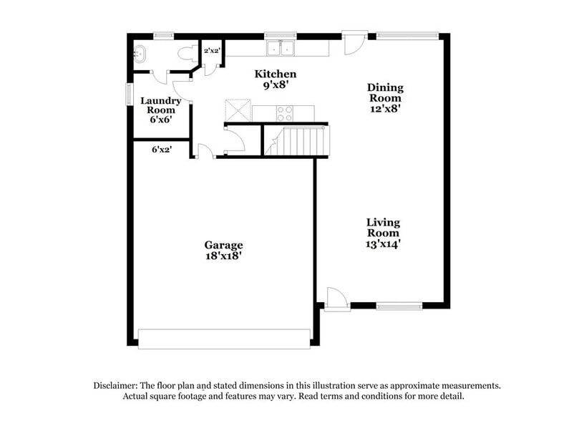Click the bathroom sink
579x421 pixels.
point(139,52)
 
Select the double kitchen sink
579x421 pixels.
point(281,48)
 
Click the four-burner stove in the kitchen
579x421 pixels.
point(284,112)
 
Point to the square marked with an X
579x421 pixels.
point(237,110)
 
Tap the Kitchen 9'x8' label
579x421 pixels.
point(276,79)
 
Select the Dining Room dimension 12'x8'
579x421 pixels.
point(385,110)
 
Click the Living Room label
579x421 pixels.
point(383,228)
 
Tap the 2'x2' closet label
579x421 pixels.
point(212,51)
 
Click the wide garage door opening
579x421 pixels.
point(224,339)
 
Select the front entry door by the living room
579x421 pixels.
point(335,298)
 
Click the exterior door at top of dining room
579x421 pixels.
point(352,43)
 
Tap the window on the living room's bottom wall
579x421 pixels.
point(399,306)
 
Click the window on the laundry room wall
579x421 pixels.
point(129,94)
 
